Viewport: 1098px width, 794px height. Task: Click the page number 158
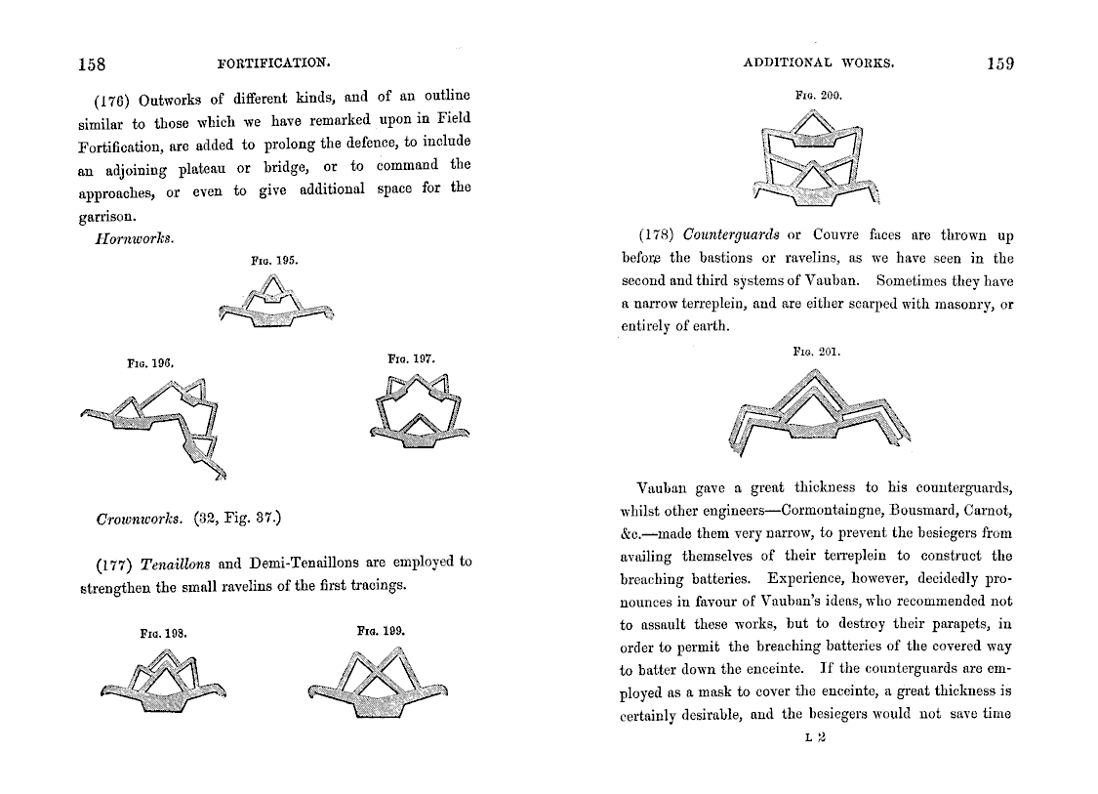92,65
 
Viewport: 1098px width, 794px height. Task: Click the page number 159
1000,64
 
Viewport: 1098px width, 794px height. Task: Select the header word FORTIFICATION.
274,63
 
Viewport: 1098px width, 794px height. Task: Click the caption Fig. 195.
275,261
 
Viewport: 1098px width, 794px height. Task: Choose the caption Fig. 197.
410,359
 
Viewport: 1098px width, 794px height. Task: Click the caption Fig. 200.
819,96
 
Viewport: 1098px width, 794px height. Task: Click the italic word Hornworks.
133,239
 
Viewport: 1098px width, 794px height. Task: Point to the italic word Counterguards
731,235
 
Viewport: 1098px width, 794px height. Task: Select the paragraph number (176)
112,99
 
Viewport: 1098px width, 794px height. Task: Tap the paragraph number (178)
657,235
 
